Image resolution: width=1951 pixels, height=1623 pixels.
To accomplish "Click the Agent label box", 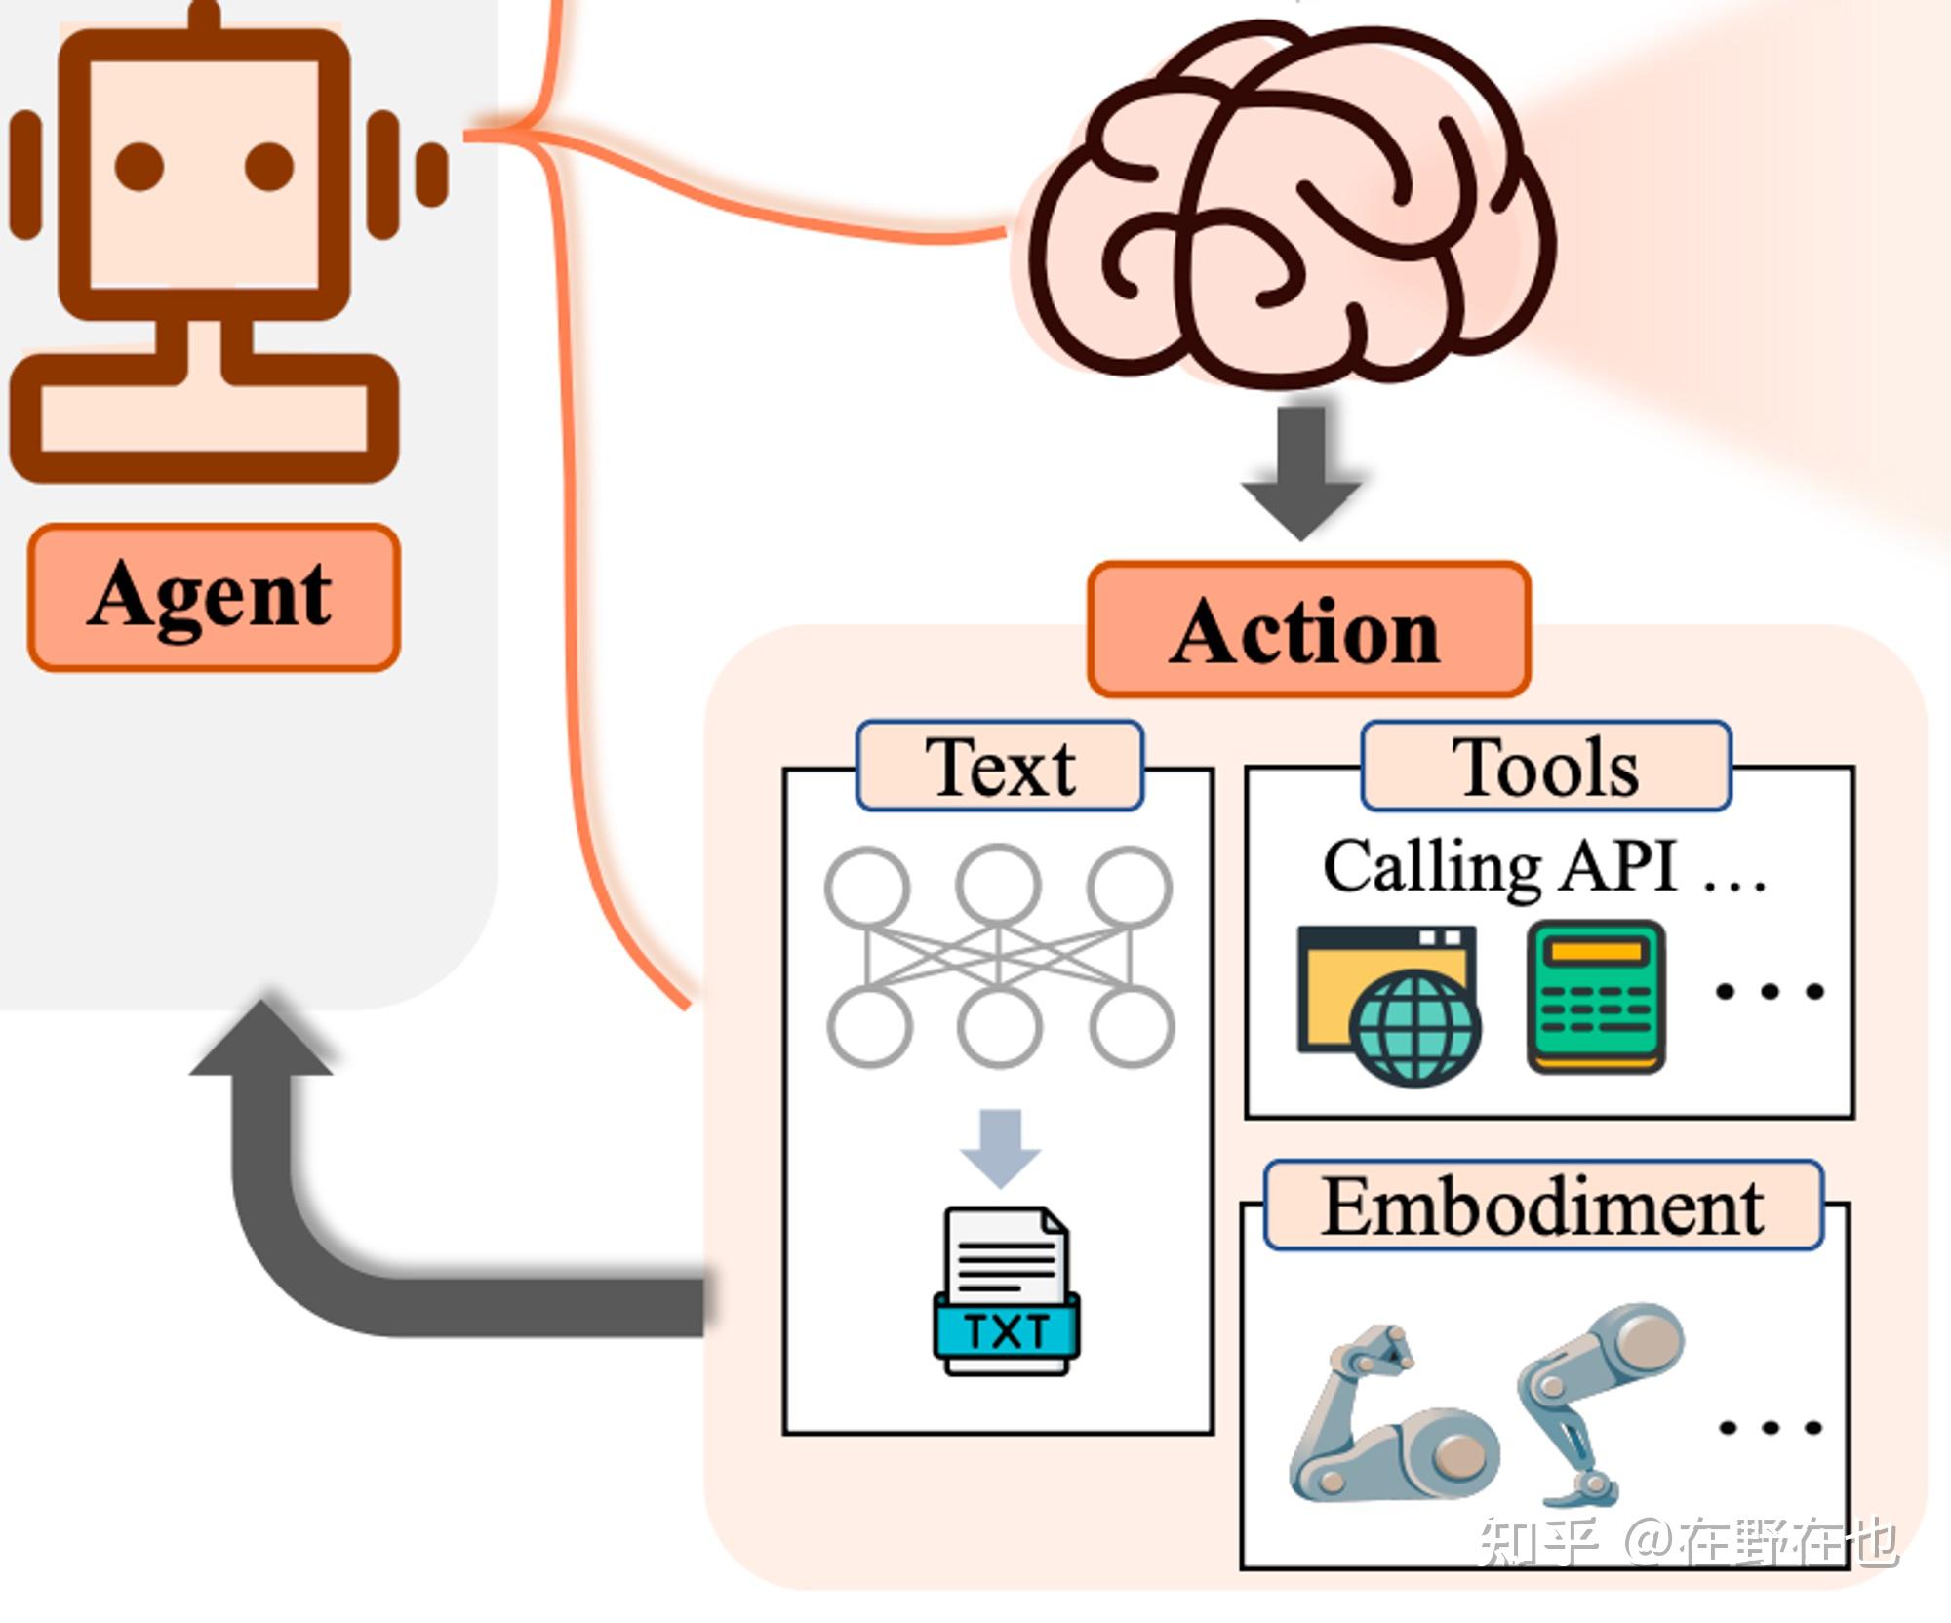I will coord(214,597).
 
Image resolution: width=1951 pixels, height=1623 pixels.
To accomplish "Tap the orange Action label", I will coord(1307,630).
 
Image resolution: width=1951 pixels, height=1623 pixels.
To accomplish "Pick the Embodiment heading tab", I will coord(1542,1207).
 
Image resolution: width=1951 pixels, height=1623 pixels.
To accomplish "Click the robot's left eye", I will coord(139,166).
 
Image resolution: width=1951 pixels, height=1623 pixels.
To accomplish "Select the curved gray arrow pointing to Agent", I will coord(293,1229).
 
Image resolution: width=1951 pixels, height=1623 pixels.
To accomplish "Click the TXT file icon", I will coord(1006,1292).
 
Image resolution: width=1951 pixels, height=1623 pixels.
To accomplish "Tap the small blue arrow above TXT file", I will coord(1000,1147).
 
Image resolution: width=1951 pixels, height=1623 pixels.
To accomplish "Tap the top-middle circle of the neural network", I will coord(998,887).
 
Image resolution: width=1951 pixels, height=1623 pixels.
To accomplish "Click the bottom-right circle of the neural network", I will coord(1131,1025).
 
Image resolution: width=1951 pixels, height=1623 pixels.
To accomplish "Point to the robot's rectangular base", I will coord(204,416).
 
